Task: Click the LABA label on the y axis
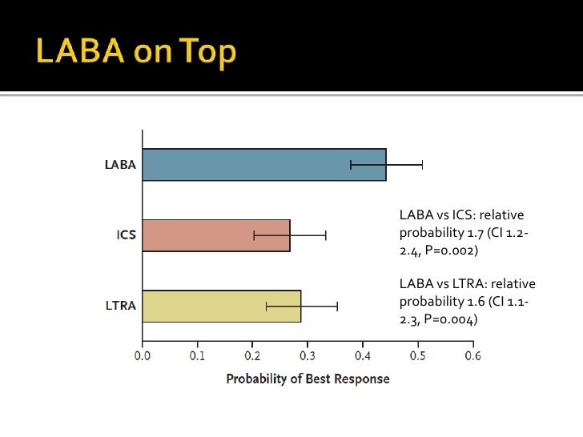(120, 166)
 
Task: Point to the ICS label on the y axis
(126, 235)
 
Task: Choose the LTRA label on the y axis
(120, 306)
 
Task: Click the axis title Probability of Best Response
(308, 379)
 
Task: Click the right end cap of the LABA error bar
(422, 165)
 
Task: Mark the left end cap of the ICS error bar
(254, 235)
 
